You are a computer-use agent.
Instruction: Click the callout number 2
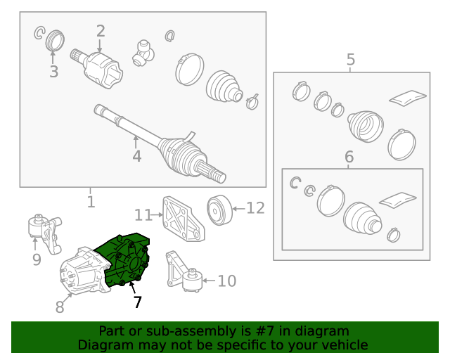click(101, 31)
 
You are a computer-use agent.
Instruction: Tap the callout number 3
click(54, 72)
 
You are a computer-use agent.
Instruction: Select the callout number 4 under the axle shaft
click(137, 156)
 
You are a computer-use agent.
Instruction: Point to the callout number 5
click(351, 60)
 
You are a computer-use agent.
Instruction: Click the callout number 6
click(349, 157)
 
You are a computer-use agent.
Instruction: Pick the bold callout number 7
click(138, 302)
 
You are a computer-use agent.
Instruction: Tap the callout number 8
click(60, 307)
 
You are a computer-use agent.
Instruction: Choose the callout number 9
click(37, 259)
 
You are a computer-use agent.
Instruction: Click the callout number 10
click(227, 281)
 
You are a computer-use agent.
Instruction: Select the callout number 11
click(143, 214)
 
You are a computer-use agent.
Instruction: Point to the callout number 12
click(255, 208)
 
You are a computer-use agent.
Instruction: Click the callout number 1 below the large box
click(91, 202)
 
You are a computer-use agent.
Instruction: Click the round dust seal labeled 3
click(55, 40)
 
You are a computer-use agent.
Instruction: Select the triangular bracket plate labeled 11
click(184, 219)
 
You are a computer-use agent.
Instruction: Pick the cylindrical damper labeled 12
click(219, 210)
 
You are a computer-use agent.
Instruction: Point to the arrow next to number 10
click(209, 281)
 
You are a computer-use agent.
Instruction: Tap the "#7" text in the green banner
click(265, 331)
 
